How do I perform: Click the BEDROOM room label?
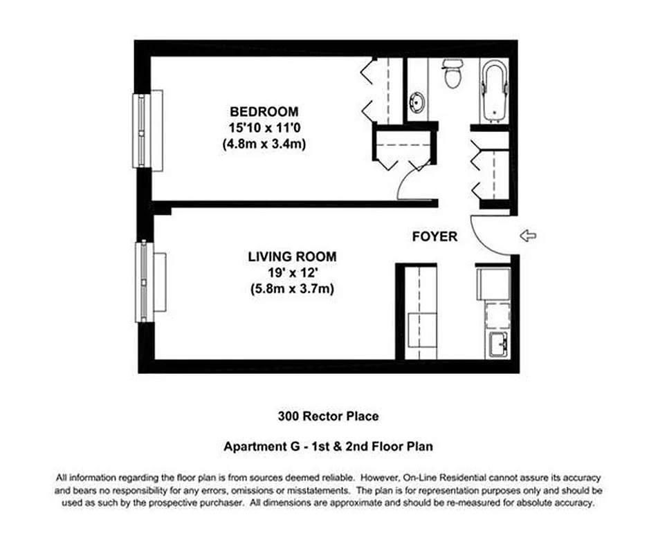coord(264,111)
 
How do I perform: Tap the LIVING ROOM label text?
coord(292,257)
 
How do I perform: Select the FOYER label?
coord(435,236)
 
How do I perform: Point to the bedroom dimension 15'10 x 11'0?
coord(264,128)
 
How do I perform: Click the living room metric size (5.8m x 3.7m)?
coord(292,290)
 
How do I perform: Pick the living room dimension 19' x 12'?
coord(292,274)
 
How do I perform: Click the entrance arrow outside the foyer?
coord(528,236)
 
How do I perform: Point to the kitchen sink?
coord(498,344)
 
